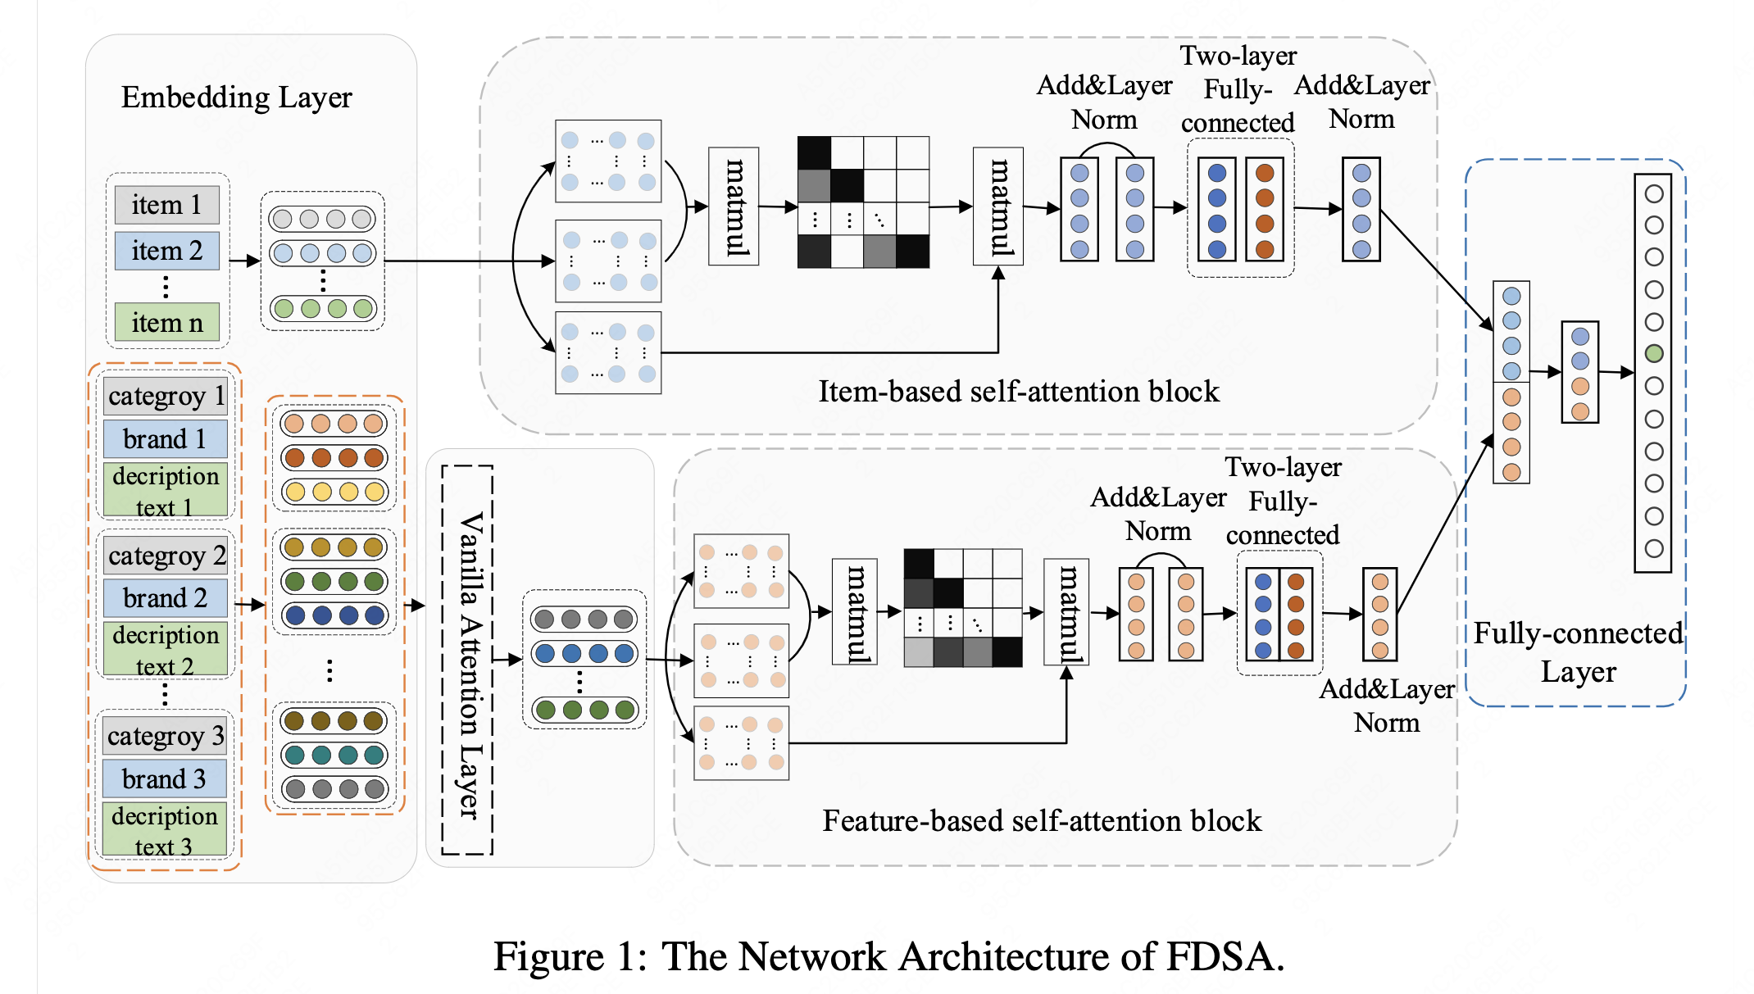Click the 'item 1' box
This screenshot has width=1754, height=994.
click(x=166, y=204)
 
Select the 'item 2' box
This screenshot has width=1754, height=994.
click(x=166, y=250)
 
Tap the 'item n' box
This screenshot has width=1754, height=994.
click(x=166, y=322)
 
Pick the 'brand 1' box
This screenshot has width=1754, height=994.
click(x=165, y=439)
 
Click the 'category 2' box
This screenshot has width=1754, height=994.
click(x=166, y=556)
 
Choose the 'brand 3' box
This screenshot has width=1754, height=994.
click(x=164, y=778)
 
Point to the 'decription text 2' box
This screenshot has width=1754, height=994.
click(x=166, y=650)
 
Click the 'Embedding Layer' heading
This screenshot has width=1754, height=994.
click(x=236, y=97)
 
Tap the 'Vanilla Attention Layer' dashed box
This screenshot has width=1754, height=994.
click(x=468, y=660)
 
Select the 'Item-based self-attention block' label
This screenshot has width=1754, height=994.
click(x=1019, y=392)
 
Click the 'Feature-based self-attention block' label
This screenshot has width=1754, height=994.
click(x=1042, y=821)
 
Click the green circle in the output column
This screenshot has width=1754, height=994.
click(x=1654, y=353)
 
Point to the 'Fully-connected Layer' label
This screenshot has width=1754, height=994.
click(x=1578, y=652)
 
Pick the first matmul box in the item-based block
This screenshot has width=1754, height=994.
click(x=734, y=207)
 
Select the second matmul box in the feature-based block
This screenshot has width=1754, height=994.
click(x=1066, y=612)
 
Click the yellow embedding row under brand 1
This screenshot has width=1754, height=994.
click(x=334, y=492)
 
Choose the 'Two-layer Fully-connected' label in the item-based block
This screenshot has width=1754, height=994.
click(x=1238, y=89)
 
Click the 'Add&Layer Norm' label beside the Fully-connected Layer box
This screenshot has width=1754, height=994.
click(x=1387, y=706)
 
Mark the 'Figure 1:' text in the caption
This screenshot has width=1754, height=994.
click(x=570, y=956)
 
